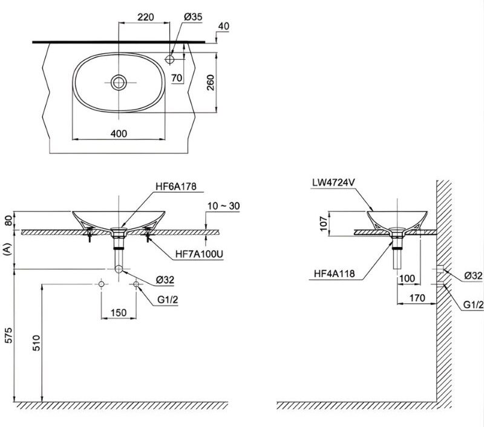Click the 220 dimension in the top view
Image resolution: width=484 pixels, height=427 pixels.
click(x=145, y=18)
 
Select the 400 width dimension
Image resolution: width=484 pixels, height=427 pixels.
click(x=119, y=133)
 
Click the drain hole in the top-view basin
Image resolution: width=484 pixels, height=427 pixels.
click(x=119, y=82)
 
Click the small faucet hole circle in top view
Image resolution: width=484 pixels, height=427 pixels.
click(x=171, y=59)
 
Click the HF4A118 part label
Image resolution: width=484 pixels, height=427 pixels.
click(x=335, y=274)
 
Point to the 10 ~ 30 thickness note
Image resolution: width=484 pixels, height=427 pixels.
click(x=222, y=206)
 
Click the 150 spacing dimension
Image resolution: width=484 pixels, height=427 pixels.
click(x=119, y=313)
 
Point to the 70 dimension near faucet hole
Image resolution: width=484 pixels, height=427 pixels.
click(x=177, y=78)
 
